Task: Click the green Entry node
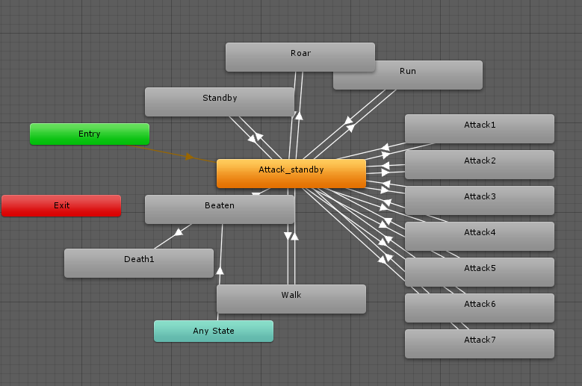click(x=89, y=134)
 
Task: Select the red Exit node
click(x=61, y=205)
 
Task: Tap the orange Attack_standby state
click(x=291, y=173)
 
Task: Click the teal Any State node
click(x=213, y=331)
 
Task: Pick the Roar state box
click(x=300, y=54)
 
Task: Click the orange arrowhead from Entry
click(x=190, y=157)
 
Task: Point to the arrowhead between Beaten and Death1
click(x=178, y=232)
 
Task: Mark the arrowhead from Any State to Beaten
click(x=220, y=270)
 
